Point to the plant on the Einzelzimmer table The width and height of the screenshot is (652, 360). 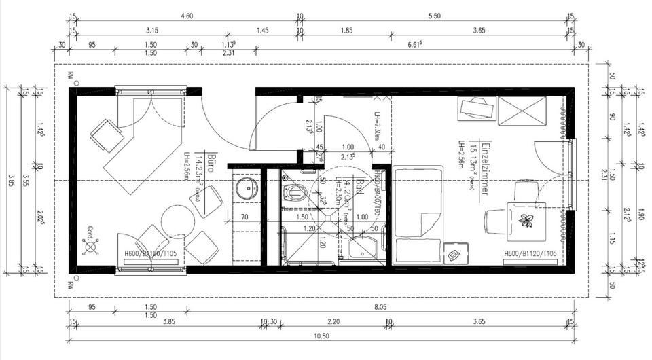click(x=525, y=219)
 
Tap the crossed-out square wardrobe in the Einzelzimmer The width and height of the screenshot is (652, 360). click(x=522, y=110)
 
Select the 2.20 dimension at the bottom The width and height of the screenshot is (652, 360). click(x=333, y=321)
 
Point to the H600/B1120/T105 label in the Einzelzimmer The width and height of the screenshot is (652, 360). click(x=530, y=253)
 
